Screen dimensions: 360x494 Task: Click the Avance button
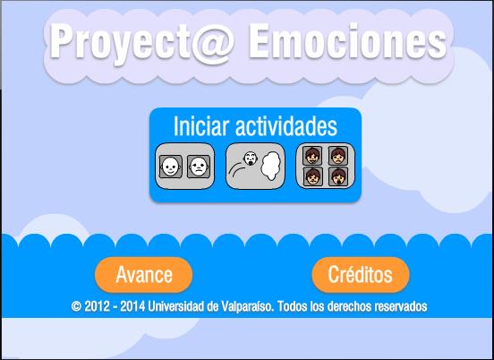pyautogui.click(x=144, y=273)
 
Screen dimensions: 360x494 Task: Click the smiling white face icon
pyautogui.click(x=170, y=167)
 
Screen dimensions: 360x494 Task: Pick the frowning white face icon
pyautogui.click(x=199, y=167)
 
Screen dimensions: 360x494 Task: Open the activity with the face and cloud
pyautogui.click(x=255, y=166)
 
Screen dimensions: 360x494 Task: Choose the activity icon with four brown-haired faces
pyautogui.click(x=326, y=166)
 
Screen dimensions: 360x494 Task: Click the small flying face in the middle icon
pyautogui.click(x=251, y=157)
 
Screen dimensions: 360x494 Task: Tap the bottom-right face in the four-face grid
pyautogui.click(x=337, y=176)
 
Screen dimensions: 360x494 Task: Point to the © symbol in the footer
pyautogui.click(x=77, y=306)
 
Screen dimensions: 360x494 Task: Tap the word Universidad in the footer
pyautogui.click(x=177, y=306)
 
